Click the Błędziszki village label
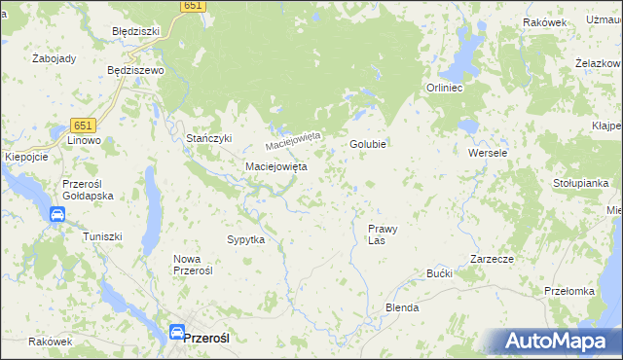click(135, 31)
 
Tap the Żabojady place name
click(54, 58)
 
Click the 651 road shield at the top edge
click(193, 6)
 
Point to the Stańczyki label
click(209, 138)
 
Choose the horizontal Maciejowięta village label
click(275, 166)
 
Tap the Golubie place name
click(369, 144)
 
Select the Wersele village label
click(488, 154)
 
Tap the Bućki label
click(440, 273)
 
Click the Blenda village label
click(402, 307)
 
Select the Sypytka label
click(246, 238)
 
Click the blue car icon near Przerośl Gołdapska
click(57, 214)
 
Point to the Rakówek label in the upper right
click(544, 22)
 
